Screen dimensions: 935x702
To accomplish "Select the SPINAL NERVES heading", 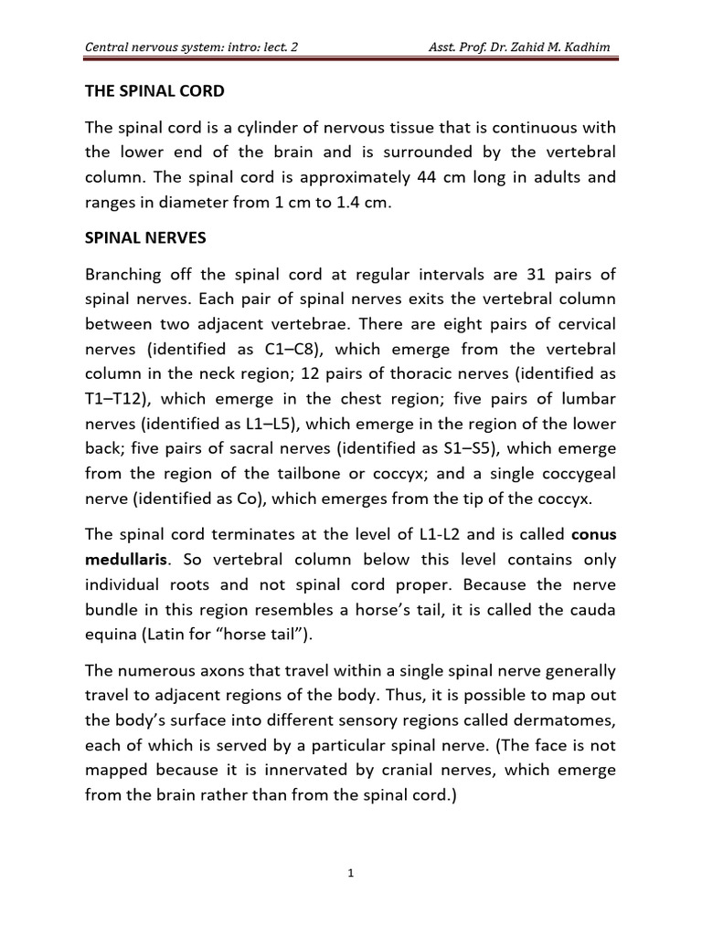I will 145,237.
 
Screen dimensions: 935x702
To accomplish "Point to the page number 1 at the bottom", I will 351,873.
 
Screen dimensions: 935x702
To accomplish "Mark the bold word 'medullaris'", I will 125,558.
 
